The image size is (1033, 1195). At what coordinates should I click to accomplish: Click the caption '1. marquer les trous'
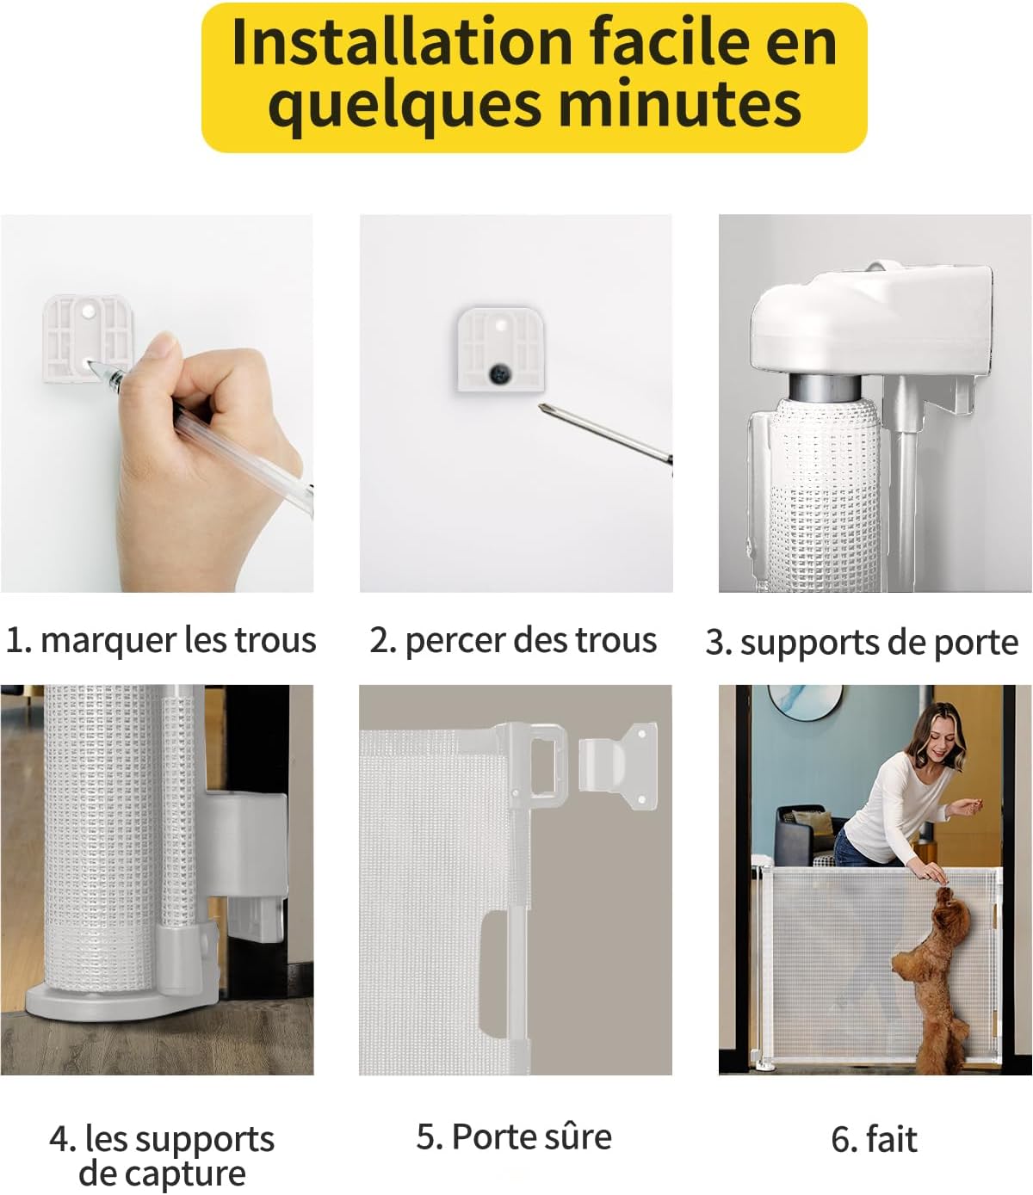coord(161,641)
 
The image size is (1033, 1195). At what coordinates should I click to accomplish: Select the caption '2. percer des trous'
coord(513,641)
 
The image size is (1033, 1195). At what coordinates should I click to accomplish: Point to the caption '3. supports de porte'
coord(862,643)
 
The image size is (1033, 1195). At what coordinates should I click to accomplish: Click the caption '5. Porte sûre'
coord(514,1136)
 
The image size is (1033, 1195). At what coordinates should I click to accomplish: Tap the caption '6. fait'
coord(874,1139)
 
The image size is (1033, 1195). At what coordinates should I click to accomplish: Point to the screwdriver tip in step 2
coord(544,410)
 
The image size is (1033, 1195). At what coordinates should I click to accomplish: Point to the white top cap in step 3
coord(869,318)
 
